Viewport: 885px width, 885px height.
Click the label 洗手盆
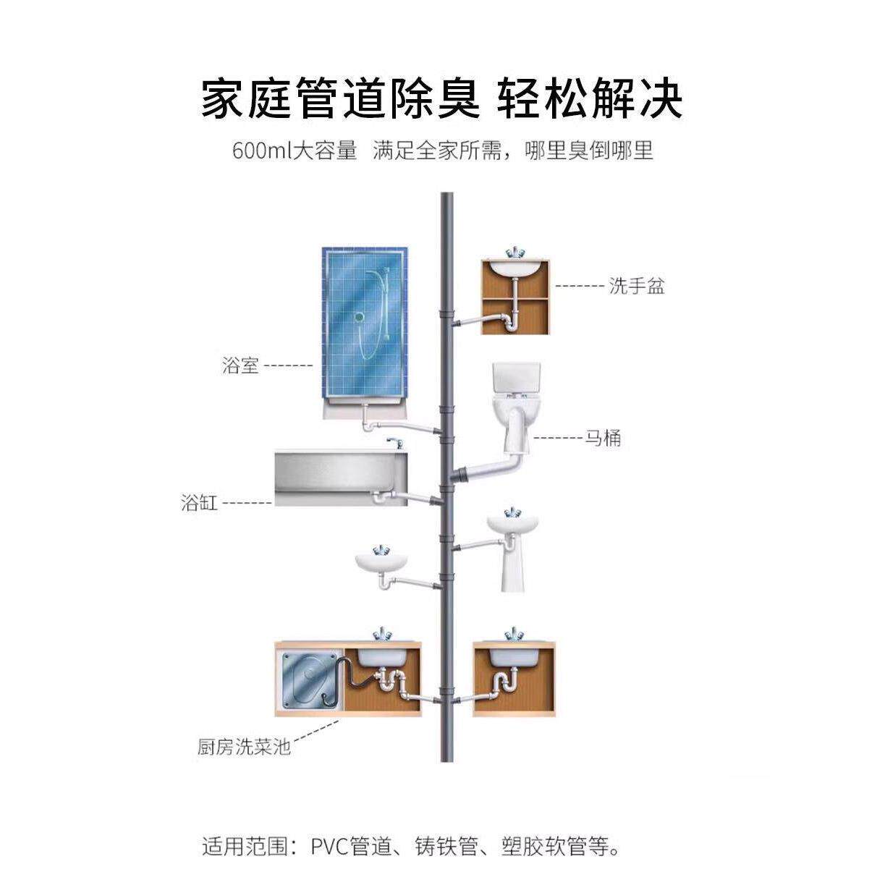click(x=636, y=286)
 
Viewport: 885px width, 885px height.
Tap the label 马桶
click(x=603, y=438)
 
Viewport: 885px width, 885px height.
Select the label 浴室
click(x=240, y=365)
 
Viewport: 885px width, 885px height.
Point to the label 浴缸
click(x=199, y=502)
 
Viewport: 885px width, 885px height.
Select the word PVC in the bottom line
click(x=330, y=846)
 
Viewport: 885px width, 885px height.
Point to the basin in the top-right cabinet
click(x=515, y=268)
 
